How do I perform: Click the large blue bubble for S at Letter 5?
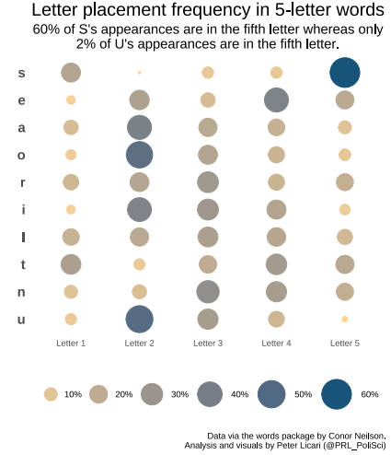point(345,73)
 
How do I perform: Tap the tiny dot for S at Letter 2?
point(139,73)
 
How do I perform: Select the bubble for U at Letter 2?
point(139,319)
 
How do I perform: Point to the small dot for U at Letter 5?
point(345,319)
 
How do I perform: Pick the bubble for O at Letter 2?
point(139,155)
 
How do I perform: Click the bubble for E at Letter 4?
point(276,100)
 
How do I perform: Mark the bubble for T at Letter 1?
point(71,264)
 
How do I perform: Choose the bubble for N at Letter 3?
point(208,292)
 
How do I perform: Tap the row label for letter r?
point(23,182)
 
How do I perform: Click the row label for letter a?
point(21,128)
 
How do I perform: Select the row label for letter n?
point(21,292)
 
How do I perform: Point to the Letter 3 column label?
point(208,343)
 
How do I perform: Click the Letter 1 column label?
point(71,343)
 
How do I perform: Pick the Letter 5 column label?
point(345,343)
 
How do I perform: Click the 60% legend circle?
point(337,394)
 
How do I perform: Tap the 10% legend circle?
point(51,394)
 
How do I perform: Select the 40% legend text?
point(239,394)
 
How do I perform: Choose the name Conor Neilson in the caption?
point(356,436)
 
